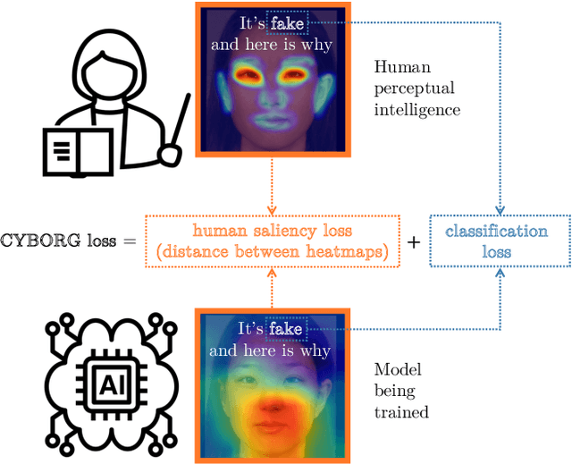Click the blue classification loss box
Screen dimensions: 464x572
[499, 241]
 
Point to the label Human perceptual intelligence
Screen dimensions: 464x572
[416, 89]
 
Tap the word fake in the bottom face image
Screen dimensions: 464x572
[285, 330]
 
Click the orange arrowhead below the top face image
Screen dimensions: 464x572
[269, 209]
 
